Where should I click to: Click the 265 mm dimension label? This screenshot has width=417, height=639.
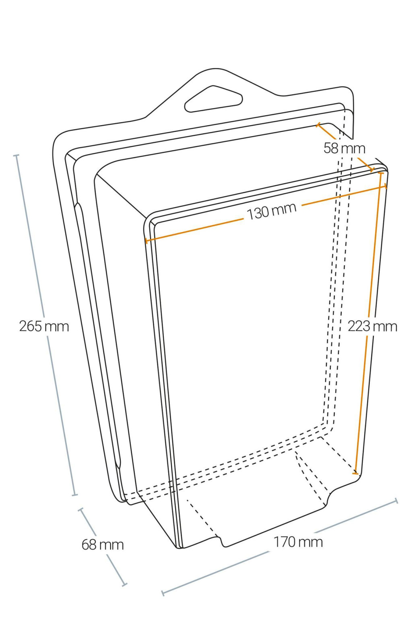click(44, 326)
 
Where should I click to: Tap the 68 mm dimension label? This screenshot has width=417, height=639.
click(103, 544)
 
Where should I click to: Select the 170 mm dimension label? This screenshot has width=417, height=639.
click(298, 542)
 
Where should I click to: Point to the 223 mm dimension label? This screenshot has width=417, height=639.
click(372, 326)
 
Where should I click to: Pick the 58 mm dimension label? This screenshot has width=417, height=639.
click(345, 148)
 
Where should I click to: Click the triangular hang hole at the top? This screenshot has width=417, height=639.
click(213, 99)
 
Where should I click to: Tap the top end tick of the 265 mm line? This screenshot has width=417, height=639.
click(16, 155)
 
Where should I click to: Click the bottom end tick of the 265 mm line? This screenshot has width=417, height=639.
click(75, 495)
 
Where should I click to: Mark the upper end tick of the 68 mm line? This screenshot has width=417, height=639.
click(81, 510)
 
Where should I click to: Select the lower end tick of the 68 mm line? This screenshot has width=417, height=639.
click(124, 584)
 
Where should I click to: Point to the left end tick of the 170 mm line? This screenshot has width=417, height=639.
click(163, 593)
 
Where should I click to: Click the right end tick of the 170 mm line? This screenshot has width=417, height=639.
click(396, 501)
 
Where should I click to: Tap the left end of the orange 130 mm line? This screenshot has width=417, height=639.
click(146, 241)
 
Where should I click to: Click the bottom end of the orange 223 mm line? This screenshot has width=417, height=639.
click(355, 473)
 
